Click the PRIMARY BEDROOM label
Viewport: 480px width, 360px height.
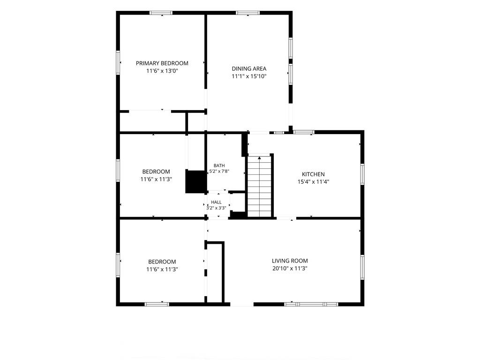[162, 63]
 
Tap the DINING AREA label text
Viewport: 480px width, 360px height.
[249, 69]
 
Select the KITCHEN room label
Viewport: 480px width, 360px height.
[313, 174]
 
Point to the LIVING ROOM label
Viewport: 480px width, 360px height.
[290, 261]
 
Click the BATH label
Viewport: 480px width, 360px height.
[219, 165]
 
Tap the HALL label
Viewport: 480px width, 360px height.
[216, 202]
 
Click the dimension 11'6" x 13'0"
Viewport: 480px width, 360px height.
[162, 71]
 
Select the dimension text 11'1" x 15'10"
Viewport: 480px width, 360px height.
[249, 76]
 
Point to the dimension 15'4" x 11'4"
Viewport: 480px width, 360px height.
[313, 182]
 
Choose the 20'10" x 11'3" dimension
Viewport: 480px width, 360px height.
[290, 269]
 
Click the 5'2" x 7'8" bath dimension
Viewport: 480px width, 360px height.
[219, 172]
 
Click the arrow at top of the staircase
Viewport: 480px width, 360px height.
[260, 158]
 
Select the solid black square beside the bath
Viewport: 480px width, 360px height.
[196, 181]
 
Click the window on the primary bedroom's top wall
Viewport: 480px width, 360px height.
[161, 13]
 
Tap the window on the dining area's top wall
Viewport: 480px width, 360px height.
[247, 13]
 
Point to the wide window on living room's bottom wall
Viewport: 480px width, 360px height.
[311, 304]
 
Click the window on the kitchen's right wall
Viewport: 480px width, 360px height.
[362, 174]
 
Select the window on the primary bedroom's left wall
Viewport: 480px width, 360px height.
[118, 62]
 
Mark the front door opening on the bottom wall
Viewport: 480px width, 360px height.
[242, 304]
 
